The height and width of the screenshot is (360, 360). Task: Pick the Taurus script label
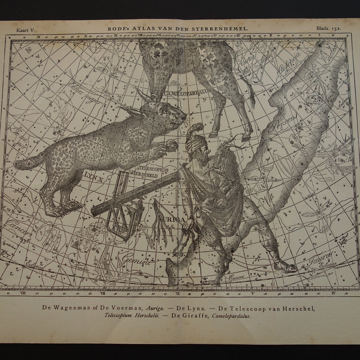tap(321, 258)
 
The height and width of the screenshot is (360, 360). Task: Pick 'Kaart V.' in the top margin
tap(26, 29)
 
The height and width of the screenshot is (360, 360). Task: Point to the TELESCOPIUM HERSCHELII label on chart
tap(147, 170)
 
